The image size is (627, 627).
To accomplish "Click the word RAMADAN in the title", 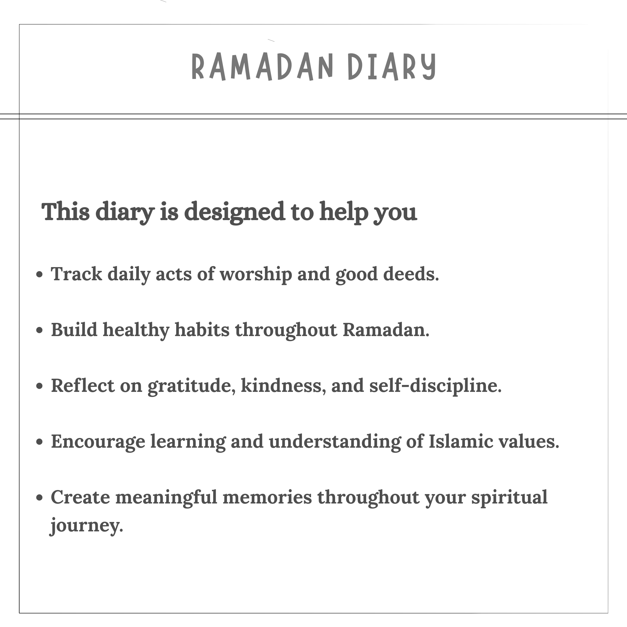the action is [x=262, y=66].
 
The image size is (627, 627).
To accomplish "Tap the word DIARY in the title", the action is [x=392, y=66].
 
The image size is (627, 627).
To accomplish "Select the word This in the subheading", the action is [x=66, y=211].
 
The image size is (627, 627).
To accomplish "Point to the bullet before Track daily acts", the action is [x=39, y=275].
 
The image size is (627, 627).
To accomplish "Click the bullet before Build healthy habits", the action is [x=39, y=330].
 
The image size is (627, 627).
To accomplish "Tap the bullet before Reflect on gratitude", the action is [x=39, y=386].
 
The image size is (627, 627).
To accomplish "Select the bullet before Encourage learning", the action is [x=39, y=442].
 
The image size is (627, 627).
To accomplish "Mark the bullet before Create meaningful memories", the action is [x=39, y=498].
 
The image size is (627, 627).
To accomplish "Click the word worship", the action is [x=256, y=275].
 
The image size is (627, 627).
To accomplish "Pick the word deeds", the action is [x=411, y=274].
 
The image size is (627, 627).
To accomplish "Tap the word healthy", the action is [x=136, y=330].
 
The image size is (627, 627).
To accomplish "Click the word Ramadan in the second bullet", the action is [x=386, y=330].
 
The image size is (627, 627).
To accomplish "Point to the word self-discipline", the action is [x=435, y=386].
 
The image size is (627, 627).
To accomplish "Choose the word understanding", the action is [x=335, y=442].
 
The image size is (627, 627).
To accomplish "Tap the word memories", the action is [x=267, y=497].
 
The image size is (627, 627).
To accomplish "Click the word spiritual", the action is [x=509, y=498].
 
